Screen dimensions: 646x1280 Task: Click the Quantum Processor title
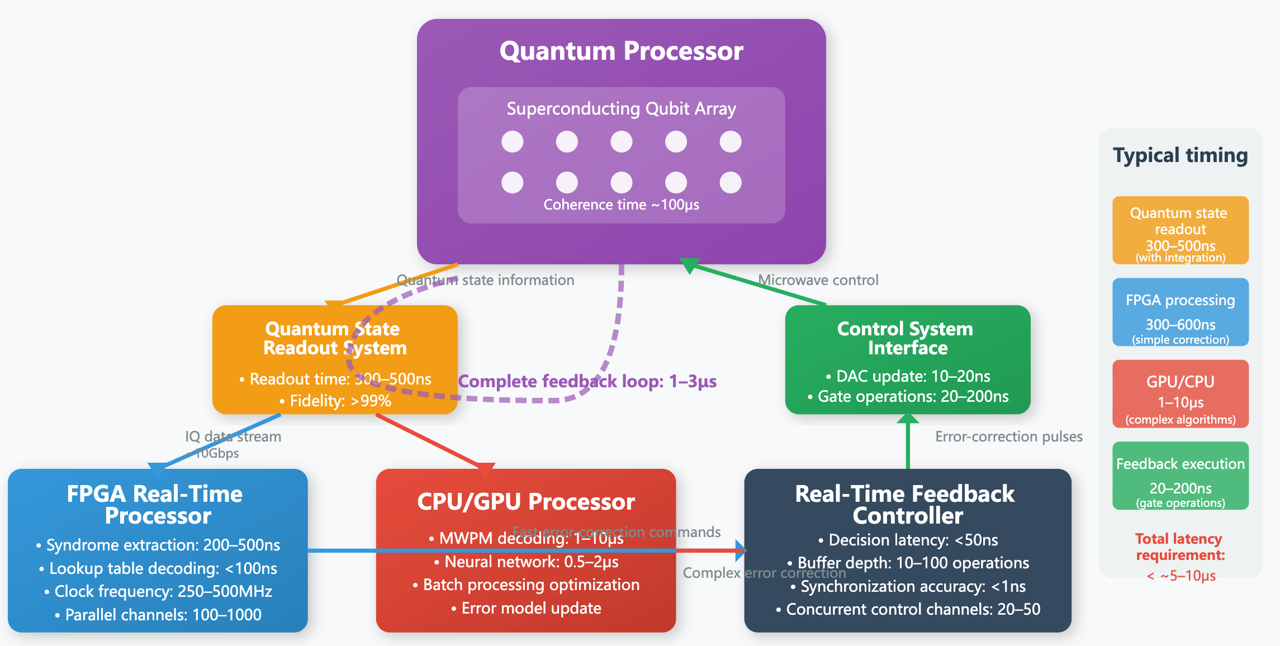[x=621, y=51]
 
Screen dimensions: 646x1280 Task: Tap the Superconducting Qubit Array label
[x=621, y=108]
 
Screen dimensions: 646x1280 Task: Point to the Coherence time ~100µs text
[x=621, y=205]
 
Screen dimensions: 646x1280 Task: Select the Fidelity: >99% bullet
[x=335, y=401]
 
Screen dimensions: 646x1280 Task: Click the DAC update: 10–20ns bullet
[x=908, y=376]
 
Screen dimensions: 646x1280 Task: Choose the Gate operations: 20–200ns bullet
[x=908, y=397]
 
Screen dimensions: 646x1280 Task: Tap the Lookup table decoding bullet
[x=158, y=568]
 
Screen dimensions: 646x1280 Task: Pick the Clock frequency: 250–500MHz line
[x=158, y=591]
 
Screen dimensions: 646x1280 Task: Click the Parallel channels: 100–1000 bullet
[x=158, y=615]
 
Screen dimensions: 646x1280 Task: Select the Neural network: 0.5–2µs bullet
[x=527, y=562]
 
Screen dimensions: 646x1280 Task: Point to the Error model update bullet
[x=527, y=608]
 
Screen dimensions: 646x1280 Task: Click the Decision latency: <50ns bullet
[x=908, y=540]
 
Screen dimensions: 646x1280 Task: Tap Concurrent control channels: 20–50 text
[x=908, y=609]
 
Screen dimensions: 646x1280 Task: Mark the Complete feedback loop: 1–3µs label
[x=587, y=382]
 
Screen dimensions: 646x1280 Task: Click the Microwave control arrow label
[x=818, y=280]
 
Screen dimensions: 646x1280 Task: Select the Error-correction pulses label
[x=1008, y=436]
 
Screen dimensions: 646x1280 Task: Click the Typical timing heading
[x=1180, y=155]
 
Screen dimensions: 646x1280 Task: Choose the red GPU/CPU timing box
[x=1180, y=394]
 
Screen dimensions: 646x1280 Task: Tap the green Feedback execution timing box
[x=1180, y=476]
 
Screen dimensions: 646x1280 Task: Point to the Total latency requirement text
[x=1179, y=547]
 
